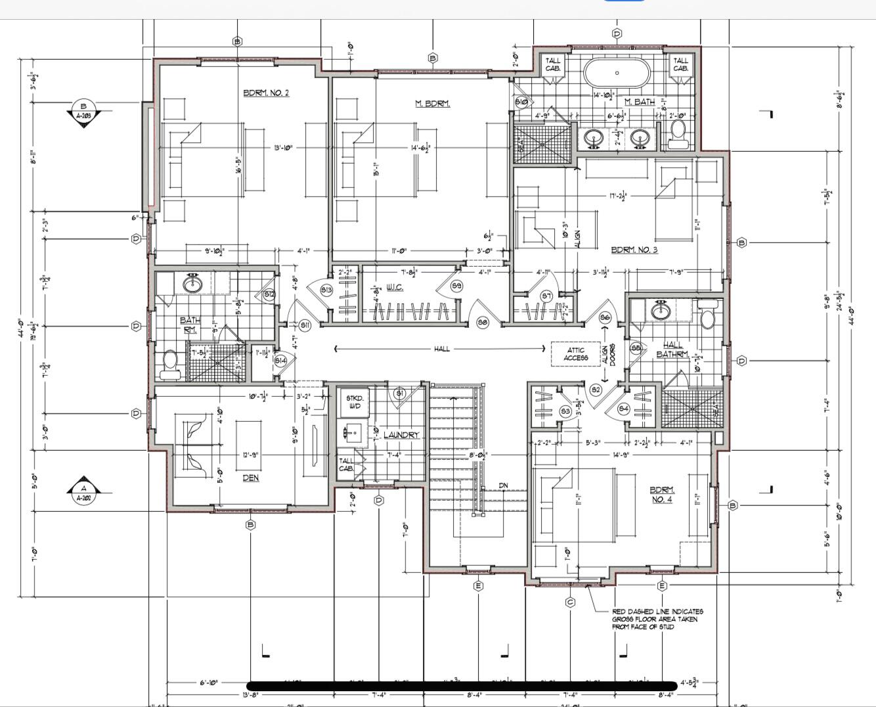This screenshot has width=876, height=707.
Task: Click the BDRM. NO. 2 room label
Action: pyautogui.click(x=266, y=93)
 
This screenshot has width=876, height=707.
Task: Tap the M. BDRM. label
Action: pyautogui.click(x=433, y=103)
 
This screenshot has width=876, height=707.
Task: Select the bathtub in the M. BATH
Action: pyautogui.click(x=617, y=73)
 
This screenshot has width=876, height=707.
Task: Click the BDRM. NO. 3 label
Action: pyautogui.click(x=634, y=250)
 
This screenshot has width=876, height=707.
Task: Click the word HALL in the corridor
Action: pyautogui.click(x=442, y=349)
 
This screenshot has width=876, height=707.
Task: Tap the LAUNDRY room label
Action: pyautogui.click(x=401, y=435)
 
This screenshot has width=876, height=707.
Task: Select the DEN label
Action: pyautogui.click(x=251, y=478)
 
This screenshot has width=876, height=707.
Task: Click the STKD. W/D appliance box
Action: pyautogui.click(x=354, y=402)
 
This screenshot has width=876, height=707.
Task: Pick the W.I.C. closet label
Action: pyautogui.click(x=394, y=287)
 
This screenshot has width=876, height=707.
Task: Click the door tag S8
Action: pyautogui.click(x=483, y=323)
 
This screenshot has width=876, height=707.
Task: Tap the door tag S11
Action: pyautogui.click(x=305, y=325)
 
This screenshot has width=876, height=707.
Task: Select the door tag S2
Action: pyautogui.click(x=596, y=390)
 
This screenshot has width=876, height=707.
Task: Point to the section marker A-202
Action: pyautogui.click(x=83, y=493)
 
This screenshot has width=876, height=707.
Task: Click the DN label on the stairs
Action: pyautogui.click(x=503, y=486)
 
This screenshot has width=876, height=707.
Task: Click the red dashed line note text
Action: pyautogui.click(x=657, y=619)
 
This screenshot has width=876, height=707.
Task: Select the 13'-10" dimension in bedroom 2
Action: pyautogui.click(x=284, y=148)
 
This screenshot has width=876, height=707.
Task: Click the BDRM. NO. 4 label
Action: pyautogui.click(x=661, y=494)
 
